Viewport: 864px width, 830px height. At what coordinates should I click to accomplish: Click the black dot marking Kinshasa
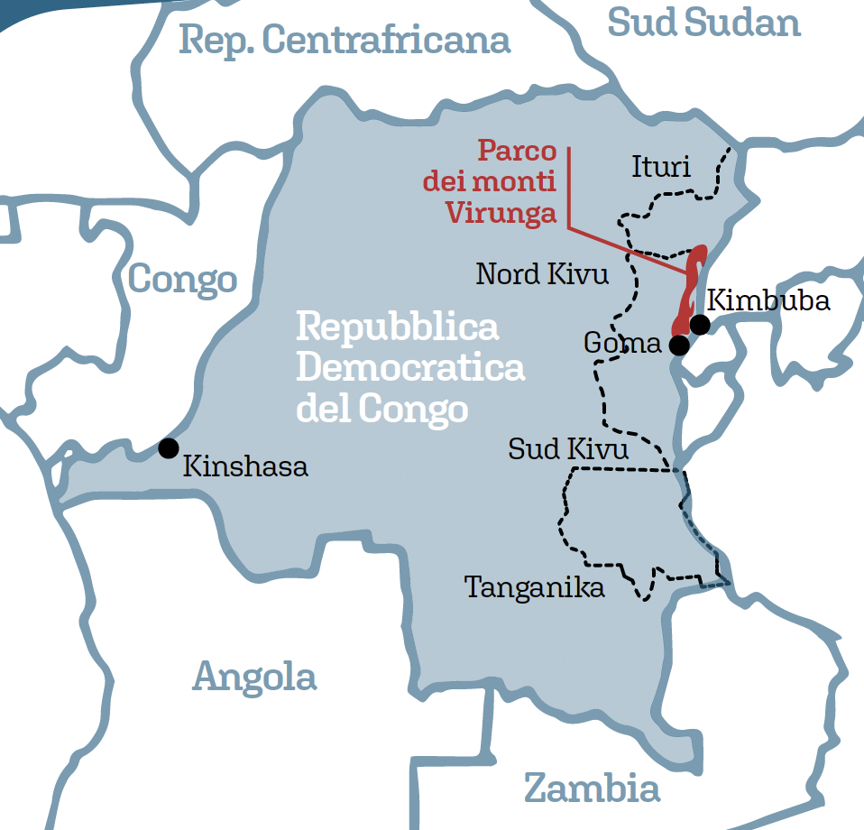coord(168,447)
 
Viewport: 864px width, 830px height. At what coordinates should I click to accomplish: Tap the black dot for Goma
coord(679,345)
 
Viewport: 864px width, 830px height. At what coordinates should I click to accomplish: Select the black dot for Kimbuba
coord(699,324)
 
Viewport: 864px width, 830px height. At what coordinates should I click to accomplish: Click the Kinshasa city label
coord(245,466)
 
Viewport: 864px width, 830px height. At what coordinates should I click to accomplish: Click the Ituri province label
coord(661,167)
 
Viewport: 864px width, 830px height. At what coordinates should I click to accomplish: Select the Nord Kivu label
coord(542,273)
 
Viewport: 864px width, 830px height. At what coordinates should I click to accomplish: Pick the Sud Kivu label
coord(568,448)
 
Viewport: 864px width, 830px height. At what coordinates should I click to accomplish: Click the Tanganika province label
coord(534,588)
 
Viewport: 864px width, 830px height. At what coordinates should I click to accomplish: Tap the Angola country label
coord(254,677)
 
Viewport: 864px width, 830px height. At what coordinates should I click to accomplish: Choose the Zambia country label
coord(592,788)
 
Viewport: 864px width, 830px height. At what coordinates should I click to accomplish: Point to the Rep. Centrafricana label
coord(345,40)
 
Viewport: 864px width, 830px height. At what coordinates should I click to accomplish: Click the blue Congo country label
coord(182,281)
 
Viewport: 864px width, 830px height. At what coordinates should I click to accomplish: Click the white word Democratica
coord(410,368)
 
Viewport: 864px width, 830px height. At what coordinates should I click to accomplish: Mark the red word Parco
coord(517,150)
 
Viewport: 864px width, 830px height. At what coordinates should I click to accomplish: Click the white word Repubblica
coord(397,327)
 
